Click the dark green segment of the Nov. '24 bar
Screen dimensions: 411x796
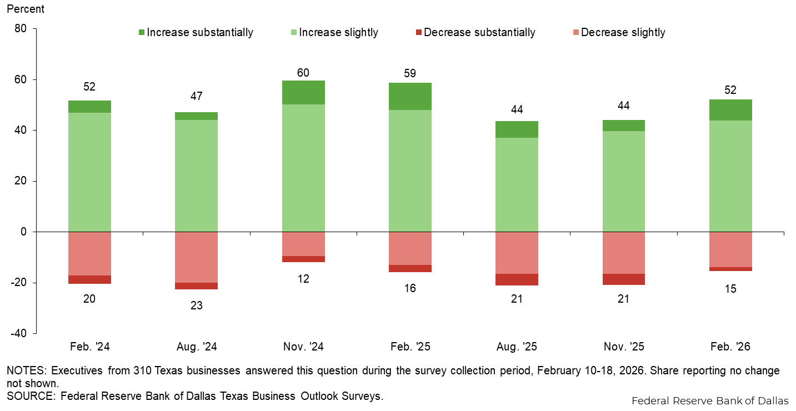coord(303,92)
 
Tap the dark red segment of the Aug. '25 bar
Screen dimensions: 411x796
coord(517,279)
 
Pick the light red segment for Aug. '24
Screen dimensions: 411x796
coord(196,257)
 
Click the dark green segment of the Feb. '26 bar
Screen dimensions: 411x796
coord(730,110)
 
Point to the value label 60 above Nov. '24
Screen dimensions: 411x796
coord(303,73)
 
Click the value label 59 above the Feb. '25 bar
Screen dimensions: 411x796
coord(410,73)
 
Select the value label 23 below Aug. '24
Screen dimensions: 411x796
coord(196,305)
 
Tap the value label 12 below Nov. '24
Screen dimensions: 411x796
coord(303,279)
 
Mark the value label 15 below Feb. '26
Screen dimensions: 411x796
coord(730,289)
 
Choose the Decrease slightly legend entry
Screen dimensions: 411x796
coord(618,32)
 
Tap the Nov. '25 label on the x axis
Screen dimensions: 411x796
coord(624,347)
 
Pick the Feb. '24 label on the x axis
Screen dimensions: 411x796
coord(90,347)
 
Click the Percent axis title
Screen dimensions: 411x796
coord(26,9)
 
